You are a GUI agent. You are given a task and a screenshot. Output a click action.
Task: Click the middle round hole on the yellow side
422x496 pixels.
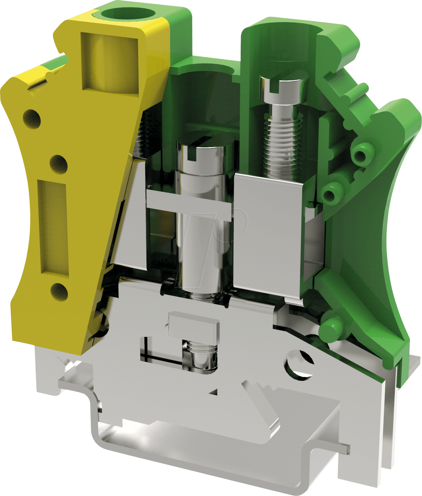(x=59, y=164)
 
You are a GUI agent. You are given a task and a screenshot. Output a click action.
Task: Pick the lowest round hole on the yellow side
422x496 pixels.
(x=59, y=292)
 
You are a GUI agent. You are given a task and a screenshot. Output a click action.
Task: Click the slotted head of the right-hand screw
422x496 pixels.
(x=284, y=88)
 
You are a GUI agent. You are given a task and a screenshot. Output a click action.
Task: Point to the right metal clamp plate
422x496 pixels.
(x=268, y=235)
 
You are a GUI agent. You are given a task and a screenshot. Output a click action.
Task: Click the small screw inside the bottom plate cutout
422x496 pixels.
(x=201, y=357)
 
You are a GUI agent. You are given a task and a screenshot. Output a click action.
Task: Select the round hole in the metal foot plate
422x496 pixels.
(x=299, y=365)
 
